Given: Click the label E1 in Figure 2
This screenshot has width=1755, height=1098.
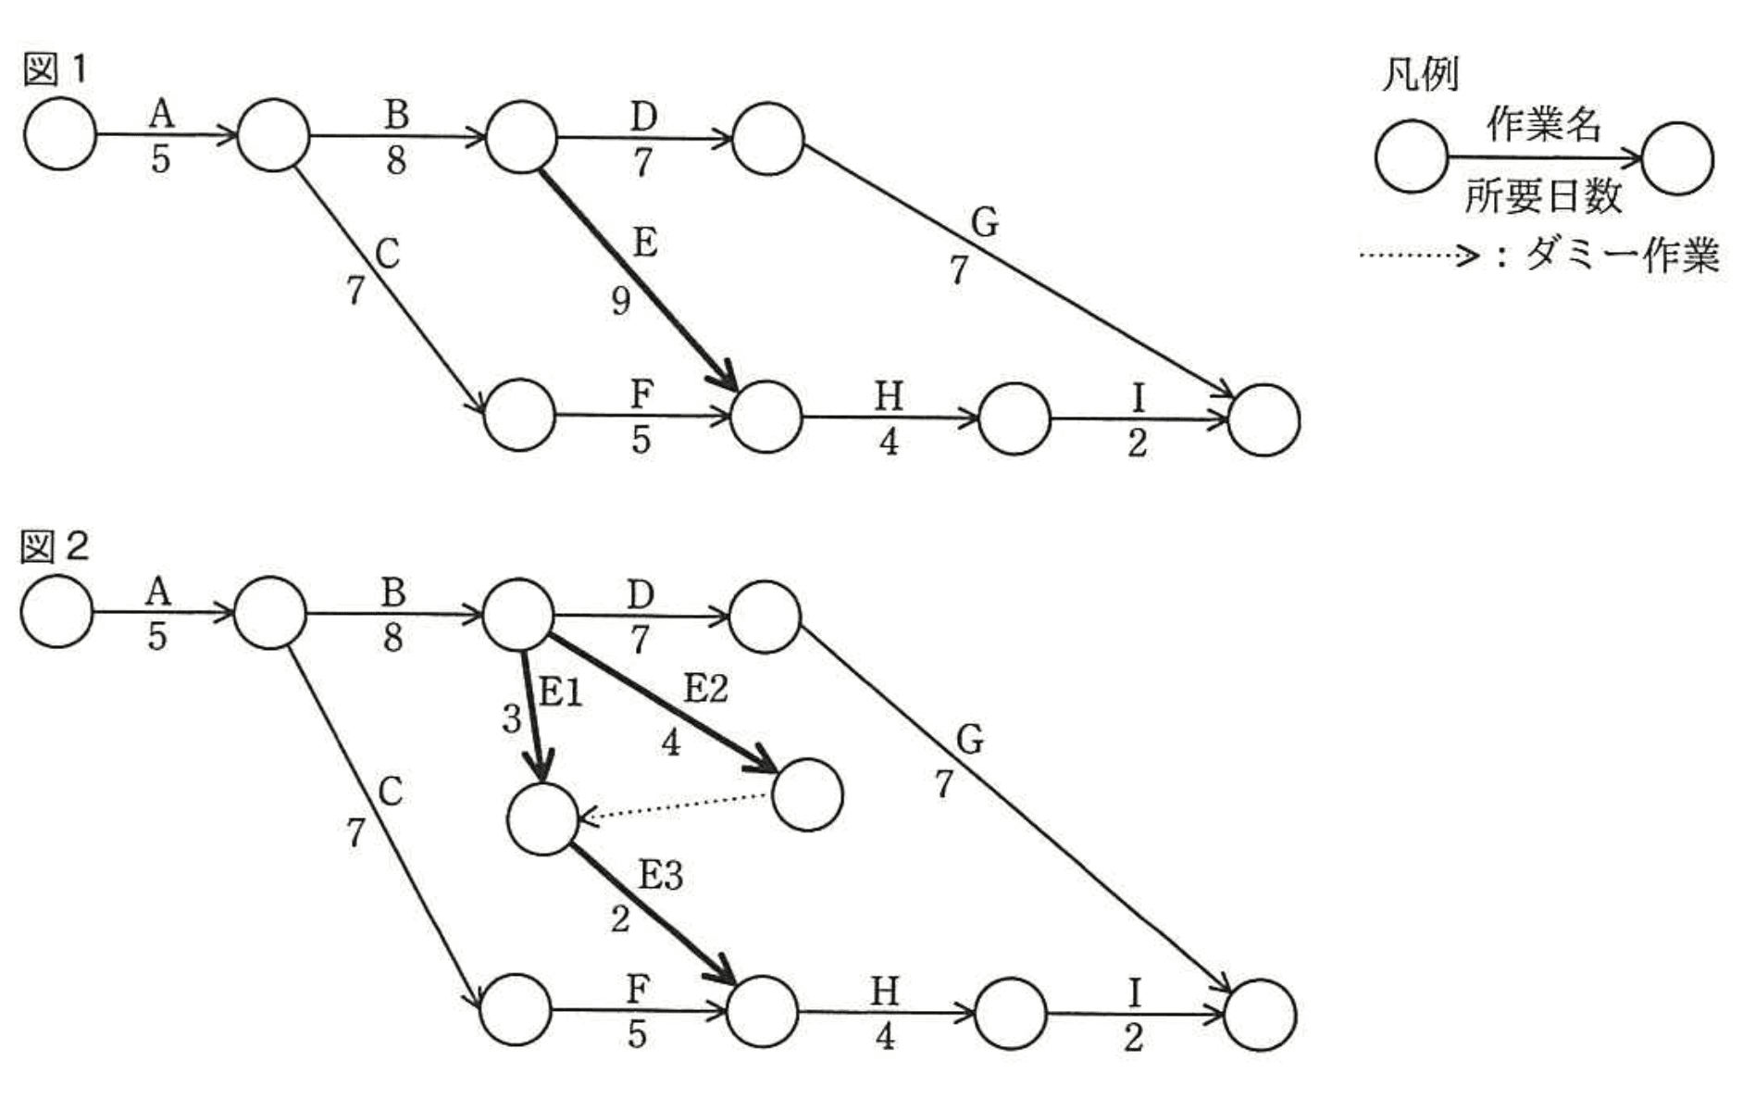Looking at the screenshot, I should (x=561, y=692).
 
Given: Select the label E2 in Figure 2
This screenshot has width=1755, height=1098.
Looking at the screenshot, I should (x=705, y=689).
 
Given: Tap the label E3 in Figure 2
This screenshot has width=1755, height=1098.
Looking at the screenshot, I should (x=660, y=875).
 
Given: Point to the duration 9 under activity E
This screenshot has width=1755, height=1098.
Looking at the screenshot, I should (x=621, y=300).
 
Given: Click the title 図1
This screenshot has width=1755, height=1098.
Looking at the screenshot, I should (x=55, y=69).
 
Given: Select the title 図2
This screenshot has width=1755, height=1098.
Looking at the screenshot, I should (x=55, y=547).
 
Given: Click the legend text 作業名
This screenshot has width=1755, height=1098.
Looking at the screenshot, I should (x=1543, y=124).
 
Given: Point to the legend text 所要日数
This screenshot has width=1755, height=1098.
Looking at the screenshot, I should (x=1543, y=196).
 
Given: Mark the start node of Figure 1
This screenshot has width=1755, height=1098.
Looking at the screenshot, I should (x=60, y=135).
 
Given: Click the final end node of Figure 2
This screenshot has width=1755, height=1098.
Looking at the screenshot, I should (x=1259, y=1015).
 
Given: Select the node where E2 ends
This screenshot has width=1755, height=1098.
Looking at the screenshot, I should (x=807, y=794).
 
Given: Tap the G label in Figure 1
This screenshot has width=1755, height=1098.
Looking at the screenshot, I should (x=984, y=222).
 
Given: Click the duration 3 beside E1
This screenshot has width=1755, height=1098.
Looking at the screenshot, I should (x=512, y=719).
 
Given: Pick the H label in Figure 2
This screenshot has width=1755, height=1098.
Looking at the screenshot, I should (x=884, y=992).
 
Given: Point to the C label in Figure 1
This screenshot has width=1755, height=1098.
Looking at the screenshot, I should (x=387, y=254).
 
